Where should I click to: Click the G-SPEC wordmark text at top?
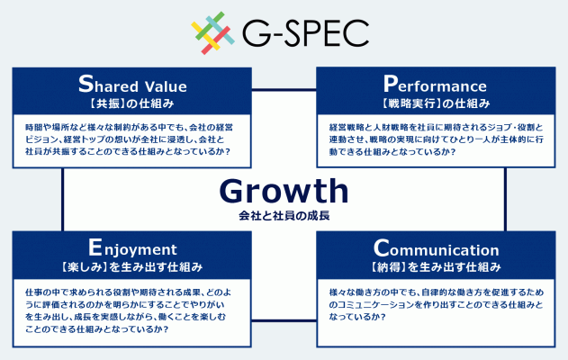click(x=305, y=33)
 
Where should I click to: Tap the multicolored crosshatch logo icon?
click(x=213, y=33)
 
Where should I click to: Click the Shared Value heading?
click(x=132, y=84)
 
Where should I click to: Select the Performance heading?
click(x=435, y=84)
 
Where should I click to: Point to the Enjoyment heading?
click(x=132, y=248)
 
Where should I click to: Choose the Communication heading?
click(x=437, y=248)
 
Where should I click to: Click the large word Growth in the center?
click(x=284, y=191)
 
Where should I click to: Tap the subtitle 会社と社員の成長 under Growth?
click(x=284, y=216)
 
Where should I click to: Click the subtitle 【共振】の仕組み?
click(x=131, y=103)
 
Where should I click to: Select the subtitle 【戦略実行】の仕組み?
click(x=436, y=103)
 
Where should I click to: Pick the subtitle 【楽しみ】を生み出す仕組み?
click(x=131, y=267)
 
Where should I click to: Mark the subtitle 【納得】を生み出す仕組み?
click(x=436, y=267)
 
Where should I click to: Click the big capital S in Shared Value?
click(x=86, y=84)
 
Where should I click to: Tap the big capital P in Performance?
click(x=391, y=84)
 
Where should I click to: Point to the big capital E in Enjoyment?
click(x=95, y=247)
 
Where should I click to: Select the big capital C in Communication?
click(x=382, y=248)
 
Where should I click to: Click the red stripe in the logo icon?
click(x=216, y=40)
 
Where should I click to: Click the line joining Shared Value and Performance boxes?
click(x=284, y=89)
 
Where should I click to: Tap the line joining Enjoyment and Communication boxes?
click(x=284, y=320)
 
